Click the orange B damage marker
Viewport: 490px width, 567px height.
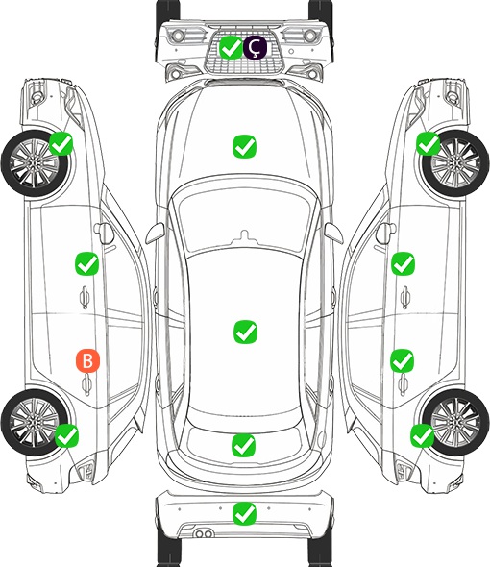coord(87,360)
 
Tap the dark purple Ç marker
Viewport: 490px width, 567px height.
coord(255,47)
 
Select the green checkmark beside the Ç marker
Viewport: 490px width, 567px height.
coord(231,47)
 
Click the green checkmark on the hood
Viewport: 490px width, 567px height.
coord(244,146)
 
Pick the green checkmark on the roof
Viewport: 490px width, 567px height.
coord(245,332)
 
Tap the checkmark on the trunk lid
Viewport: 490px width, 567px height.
coord(243,445)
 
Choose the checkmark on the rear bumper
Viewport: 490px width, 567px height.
coord(244,513)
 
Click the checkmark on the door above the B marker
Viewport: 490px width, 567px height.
coord(86,263)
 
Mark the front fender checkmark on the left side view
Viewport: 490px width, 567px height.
coord(61,143)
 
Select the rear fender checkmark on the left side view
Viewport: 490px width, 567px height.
coord(66,435)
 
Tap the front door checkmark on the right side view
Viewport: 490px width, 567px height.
coord(403,263)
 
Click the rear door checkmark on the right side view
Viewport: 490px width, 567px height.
coord(403,360)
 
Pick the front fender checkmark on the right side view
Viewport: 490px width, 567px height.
coord(429,143)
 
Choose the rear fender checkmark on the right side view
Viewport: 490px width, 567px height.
coord(423,435)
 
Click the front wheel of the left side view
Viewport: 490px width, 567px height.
coord(35,163)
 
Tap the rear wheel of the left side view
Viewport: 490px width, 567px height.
coord(35,422)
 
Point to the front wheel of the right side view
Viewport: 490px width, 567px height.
coord(455,163)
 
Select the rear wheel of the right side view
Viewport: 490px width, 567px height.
coord(455,422)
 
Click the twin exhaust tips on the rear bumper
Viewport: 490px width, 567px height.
coord(204,533)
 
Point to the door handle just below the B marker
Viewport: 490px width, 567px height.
coord(86,384)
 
